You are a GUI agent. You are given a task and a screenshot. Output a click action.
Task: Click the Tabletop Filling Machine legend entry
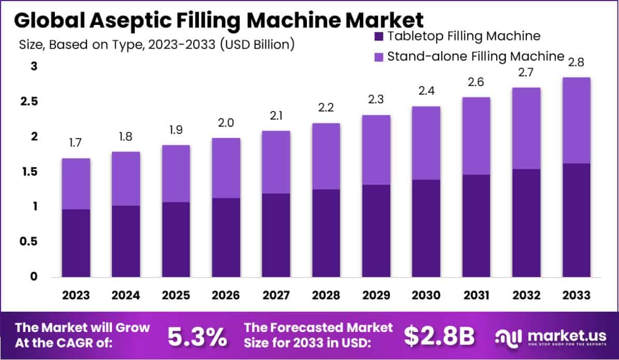click(456, 36)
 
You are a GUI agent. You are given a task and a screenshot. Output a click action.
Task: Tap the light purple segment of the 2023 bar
click(76, 184)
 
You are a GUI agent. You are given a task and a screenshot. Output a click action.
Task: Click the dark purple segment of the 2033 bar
click(576, 220)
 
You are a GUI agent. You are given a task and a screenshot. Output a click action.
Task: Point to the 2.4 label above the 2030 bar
click(426, 91)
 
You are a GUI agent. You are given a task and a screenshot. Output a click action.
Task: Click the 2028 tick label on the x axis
click(326, 296)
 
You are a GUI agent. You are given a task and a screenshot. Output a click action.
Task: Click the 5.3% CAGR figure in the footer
click(197, 337)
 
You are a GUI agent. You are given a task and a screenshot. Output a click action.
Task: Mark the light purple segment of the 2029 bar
click(376, 149)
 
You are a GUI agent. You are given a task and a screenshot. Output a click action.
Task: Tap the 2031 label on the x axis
click(476, 296)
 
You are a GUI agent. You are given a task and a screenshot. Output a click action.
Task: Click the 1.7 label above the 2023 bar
click(76, 143)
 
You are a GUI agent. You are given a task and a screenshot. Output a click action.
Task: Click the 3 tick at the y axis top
click(34, 66)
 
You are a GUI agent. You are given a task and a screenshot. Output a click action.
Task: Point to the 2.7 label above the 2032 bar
click(526, 72)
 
